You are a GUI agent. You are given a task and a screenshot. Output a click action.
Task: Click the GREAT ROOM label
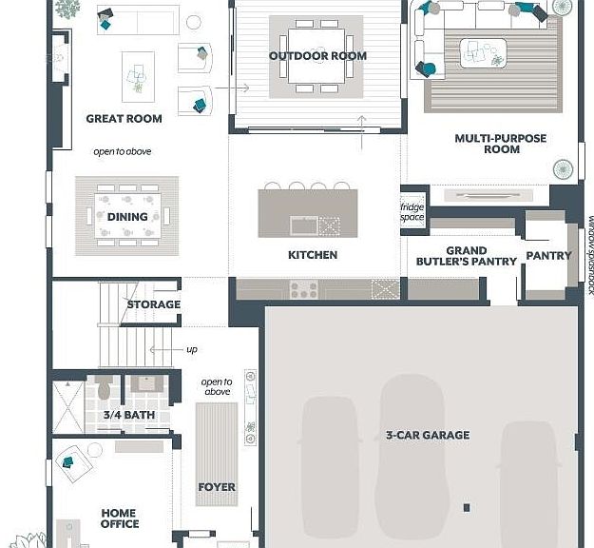pos(124,119)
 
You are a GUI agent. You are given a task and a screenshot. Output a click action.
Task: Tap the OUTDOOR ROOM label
pos(317,56)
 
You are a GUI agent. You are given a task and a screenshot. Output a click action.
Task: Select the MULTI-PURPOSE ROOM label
pos(501,144)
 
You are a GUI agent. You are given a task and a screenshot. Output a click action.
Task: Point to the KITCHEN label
pos(313,255)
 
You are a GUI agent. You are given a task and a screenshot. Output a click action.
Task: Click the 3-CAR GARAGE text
pos(428,435)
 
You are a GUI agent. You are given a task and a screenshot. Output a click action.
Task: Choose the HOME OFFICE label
pos(120,519)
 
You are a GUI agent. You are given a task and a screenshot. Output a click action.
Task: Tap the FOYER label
pos(217,487)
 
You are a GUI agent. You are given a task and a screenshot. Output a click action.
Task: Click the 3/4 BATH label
pos(129,415)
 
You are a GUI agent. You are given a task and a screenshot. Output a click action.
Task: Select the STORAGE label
pos(154,304)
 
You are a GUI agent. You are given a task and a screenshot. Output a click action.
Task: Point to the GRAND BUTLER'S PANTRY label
pos(467,256)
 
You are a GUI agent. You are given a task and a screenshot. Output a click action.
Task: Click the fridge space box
pos(412,211)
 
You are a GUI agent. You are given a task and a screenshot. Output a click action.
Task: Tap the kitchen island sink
pos(304,225)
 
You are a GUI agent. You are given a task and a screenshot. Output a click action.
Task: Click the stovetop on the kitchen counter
pos(304,289)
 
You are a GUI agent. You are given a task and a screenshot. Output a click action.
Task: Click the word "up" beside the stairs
pos(192,349)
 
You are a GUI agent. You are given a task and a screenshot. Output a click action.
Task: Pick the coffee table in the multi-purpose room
pos(484,53)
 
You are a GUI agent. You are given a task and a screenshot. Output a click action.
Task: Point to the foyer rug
pos(217,455)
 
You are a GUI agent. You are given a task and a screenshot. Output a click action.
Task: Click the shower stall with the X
pos(67,407)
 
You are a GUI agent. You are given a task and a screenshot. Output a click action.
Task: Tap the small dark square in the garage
pos(467,507)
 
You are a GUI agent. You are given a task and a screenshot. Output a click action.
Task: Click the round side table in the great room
pos(194,23)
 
